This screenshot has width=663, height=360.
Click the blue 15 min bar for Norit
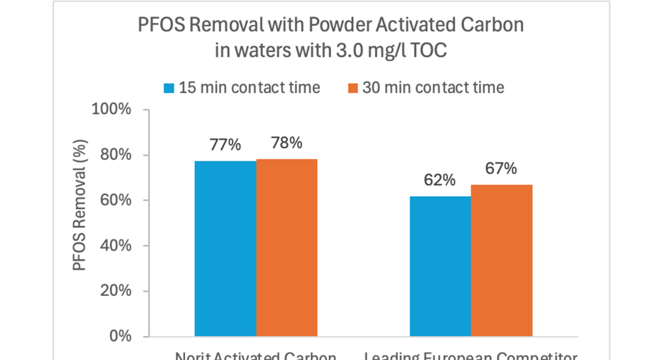225,248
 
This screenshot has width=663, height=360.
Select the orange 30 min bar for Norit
287,248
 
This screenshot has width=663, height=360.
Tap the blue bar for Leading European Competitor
440,266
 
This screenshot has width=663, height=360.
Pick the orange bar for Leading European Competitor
502,261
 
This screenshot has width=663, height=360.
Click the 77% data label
225,145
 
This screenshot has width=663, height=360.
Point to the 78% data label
287,143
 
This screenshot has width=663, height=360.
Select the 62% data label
440,181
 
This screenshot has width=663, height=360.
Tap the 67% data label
501,169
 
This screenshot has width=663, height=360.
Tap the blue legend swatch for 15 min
169,87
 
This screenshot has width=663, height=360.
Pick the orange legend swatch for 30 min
351,87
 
